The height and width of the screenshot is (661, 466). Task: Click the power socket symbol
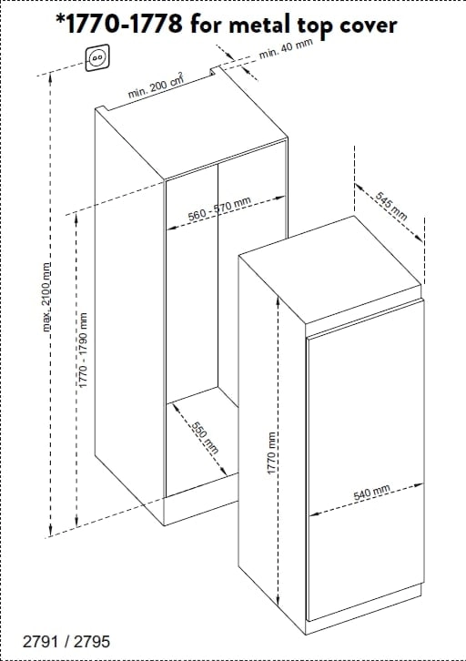(x=97, y=57)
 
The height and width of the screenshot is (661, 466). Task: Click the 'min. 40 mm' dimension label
(x=285, y=49)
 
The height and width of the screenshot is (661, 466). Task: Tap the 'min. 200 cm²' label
(x=156, y=86)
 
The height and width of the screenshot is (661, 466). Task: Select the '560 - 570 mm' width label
(x=219, y=208)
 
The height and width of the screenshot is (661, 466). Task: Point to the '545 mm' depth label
(x=391, y=206)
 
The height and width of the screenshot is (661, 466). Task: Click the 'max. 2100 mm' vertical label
(x=47, y=297)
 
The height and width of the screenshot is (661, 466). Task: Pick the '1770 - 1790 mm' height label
(x=83, y=350)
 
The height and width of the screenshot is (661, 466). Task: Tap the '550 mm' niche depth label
(x=205, y=437)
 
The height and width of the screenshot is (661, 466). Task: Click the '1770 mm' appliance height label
(x=272, y=453)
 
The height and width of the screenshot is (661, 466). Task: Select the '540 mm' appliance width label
(x=371, y=493)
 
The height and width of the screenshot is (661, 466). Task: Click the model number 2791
(x=40, y=641)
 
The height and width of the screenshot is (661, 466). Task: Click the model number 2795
(x=92, y=641)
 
